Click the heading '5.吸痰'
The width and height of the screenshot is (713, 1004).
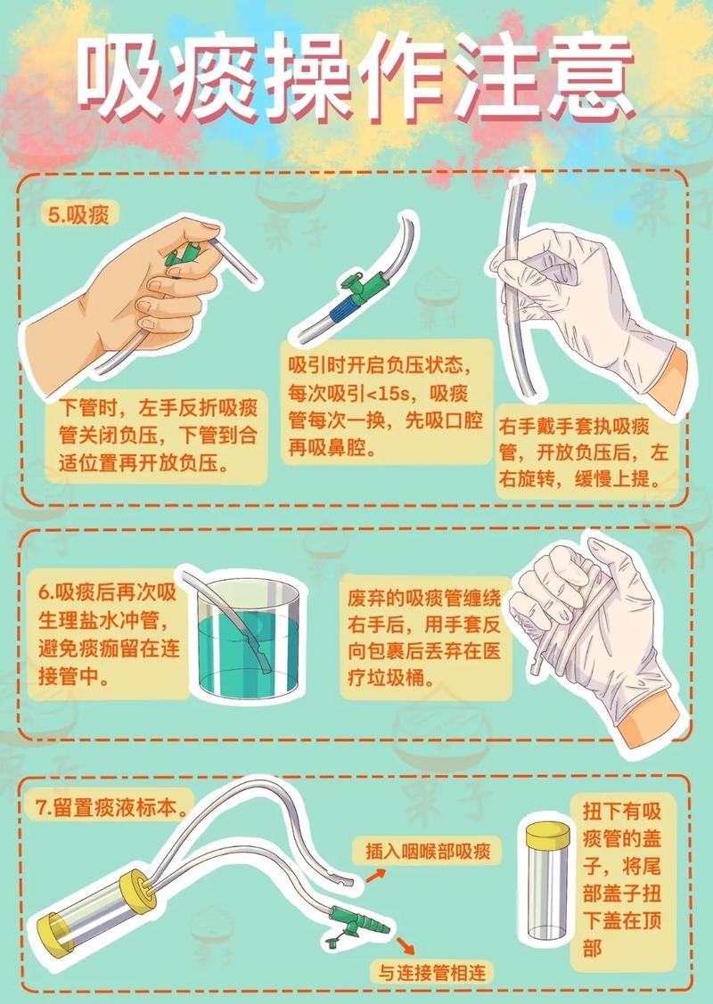click(78, 215)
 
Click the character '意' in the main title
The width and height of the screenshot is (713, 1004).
click(586, 78)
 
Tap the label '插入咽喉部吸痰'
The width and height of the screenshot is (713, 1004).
click(429, 851)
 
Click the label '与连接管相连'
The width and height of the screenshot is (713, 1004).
click(431, 973)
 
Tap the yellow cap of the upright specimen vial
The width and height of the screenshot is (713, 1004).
click(548, 832)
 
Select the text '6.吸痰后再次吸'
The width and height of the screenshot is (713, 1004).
click(106, 592)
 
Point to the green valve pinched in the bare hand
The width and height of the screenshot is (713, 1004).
click(179, 256)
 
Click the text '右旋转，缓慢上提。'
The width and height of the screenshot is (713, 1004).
click(579, 479)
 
